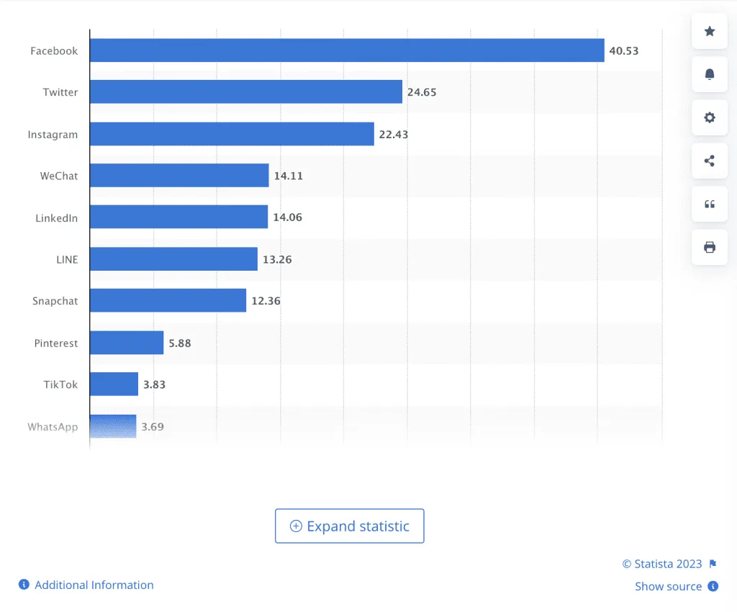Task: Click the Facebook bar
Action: (x=347, y=50)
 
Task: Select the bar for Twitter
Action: (x=245, y=92)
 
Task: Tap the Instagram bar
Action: (x=232, y=134)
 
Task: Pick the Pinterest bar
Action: (x=127, y=343)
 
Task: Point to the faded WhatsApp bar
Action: (x=113, y=426)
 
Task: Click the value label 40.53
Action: (x=623, y=51)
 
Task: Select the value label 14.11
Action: (x=288, y=176)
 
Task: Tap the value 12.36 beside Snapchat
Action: (x=266, y=301)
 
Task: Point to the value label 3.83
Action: (x=154, y=384)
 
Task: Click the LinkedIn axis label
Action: (x=57, y=217)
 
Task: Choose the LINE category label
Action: (x=67, y=259)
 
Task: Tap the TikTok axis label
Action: (x=60, y=384)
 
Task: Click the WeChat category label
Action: (x=59, y=176)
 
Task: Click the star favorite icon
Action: (x=710, y=31)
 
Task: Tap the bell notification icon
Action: (x=710, y=74)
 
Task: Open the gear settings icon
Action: (x=710, y=117)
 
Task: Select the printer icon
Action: (x=710, y=248)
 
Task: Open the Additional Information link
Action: (x=94, y=585)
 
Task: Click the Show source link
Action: (x=668, y=586)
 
